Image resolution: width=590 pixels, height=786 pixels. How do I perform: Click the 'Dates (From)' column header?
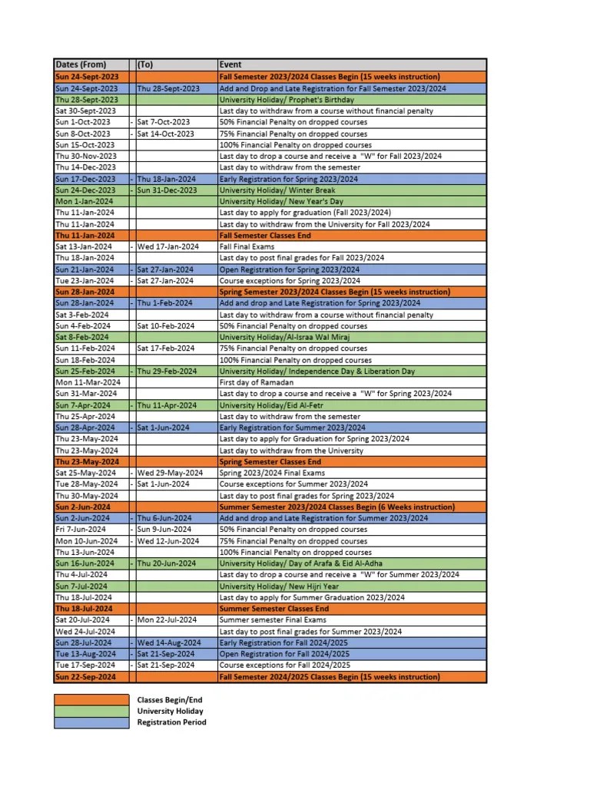point(80,64)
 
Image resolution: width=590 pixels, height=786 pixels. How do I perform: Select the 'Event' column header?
point(230,64)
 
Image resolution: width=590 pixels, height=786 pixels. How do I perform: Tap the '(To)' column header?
point(145,64)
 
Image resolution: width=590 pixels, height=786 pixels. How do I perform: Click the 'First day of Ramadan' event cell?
point(257,382)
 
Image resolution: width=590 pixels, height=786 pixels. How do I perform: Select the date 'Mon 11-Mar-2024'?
point(88,382)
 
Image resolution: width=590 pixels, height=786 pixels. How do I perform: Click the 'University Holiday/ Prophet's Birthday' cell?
point(287,100)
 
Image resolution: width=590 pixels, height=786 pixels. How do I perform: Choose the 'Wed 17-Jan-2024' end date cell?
point(167,246)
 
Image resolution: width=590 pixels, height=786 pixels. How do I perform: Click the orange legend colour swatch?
point(91,700)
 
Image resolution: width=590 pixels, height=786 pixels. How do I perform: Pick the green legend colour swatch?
point(91,711)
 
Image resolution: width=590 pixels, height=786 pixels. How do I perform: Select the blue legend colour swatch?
point(91,722)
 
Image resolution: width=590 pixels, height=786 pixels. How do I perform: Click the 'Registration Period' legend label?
point(171,722)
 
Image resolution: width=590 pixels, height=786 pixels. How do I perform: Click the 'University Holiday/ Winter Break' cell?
point(278,190)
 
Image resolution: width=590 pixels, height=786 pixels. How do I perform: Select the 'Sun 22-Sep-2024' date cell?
point(85,677)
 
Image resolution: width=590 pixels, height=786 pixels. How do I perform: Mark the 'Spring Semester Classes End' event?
point(270,462)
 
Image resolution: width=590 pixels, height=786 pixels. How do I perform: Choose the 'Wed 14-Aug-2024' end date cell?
point(169,642)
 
